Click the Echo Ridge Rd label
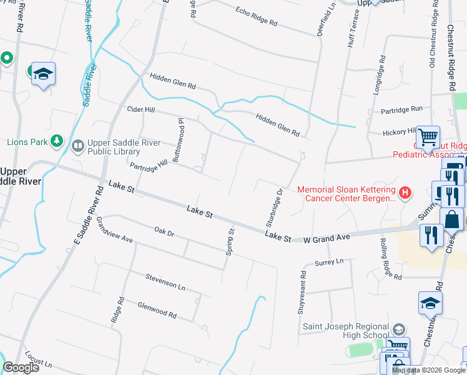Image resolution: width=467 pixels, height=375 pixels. coord(256,17)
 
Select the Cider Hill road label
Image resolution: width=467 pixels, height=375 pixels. coord(140,109)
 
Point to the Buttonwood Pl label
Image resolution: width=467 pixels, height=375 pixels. coord(178,141)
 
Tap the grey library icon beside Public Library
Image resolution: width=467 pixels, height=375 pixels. coord(78,147)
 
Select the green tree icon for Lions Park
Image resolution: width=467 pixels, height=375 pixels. coord(57,141)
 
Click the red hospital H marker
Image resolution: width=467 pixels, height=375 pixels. coord(405,192)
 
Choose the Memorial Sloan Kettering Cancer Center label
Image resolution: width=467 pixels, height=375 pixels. coord(346,194)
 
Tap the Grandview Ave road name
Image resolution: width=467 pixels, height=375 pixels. coord(115,231)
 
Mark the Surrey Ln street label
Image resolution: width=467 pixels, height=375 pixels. coord(330,262)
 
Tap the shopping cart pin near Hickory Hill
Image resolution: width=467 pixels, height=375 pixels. coord(428,137)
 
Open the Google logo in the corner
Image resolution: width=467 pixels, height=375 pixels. coord(21,367)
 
